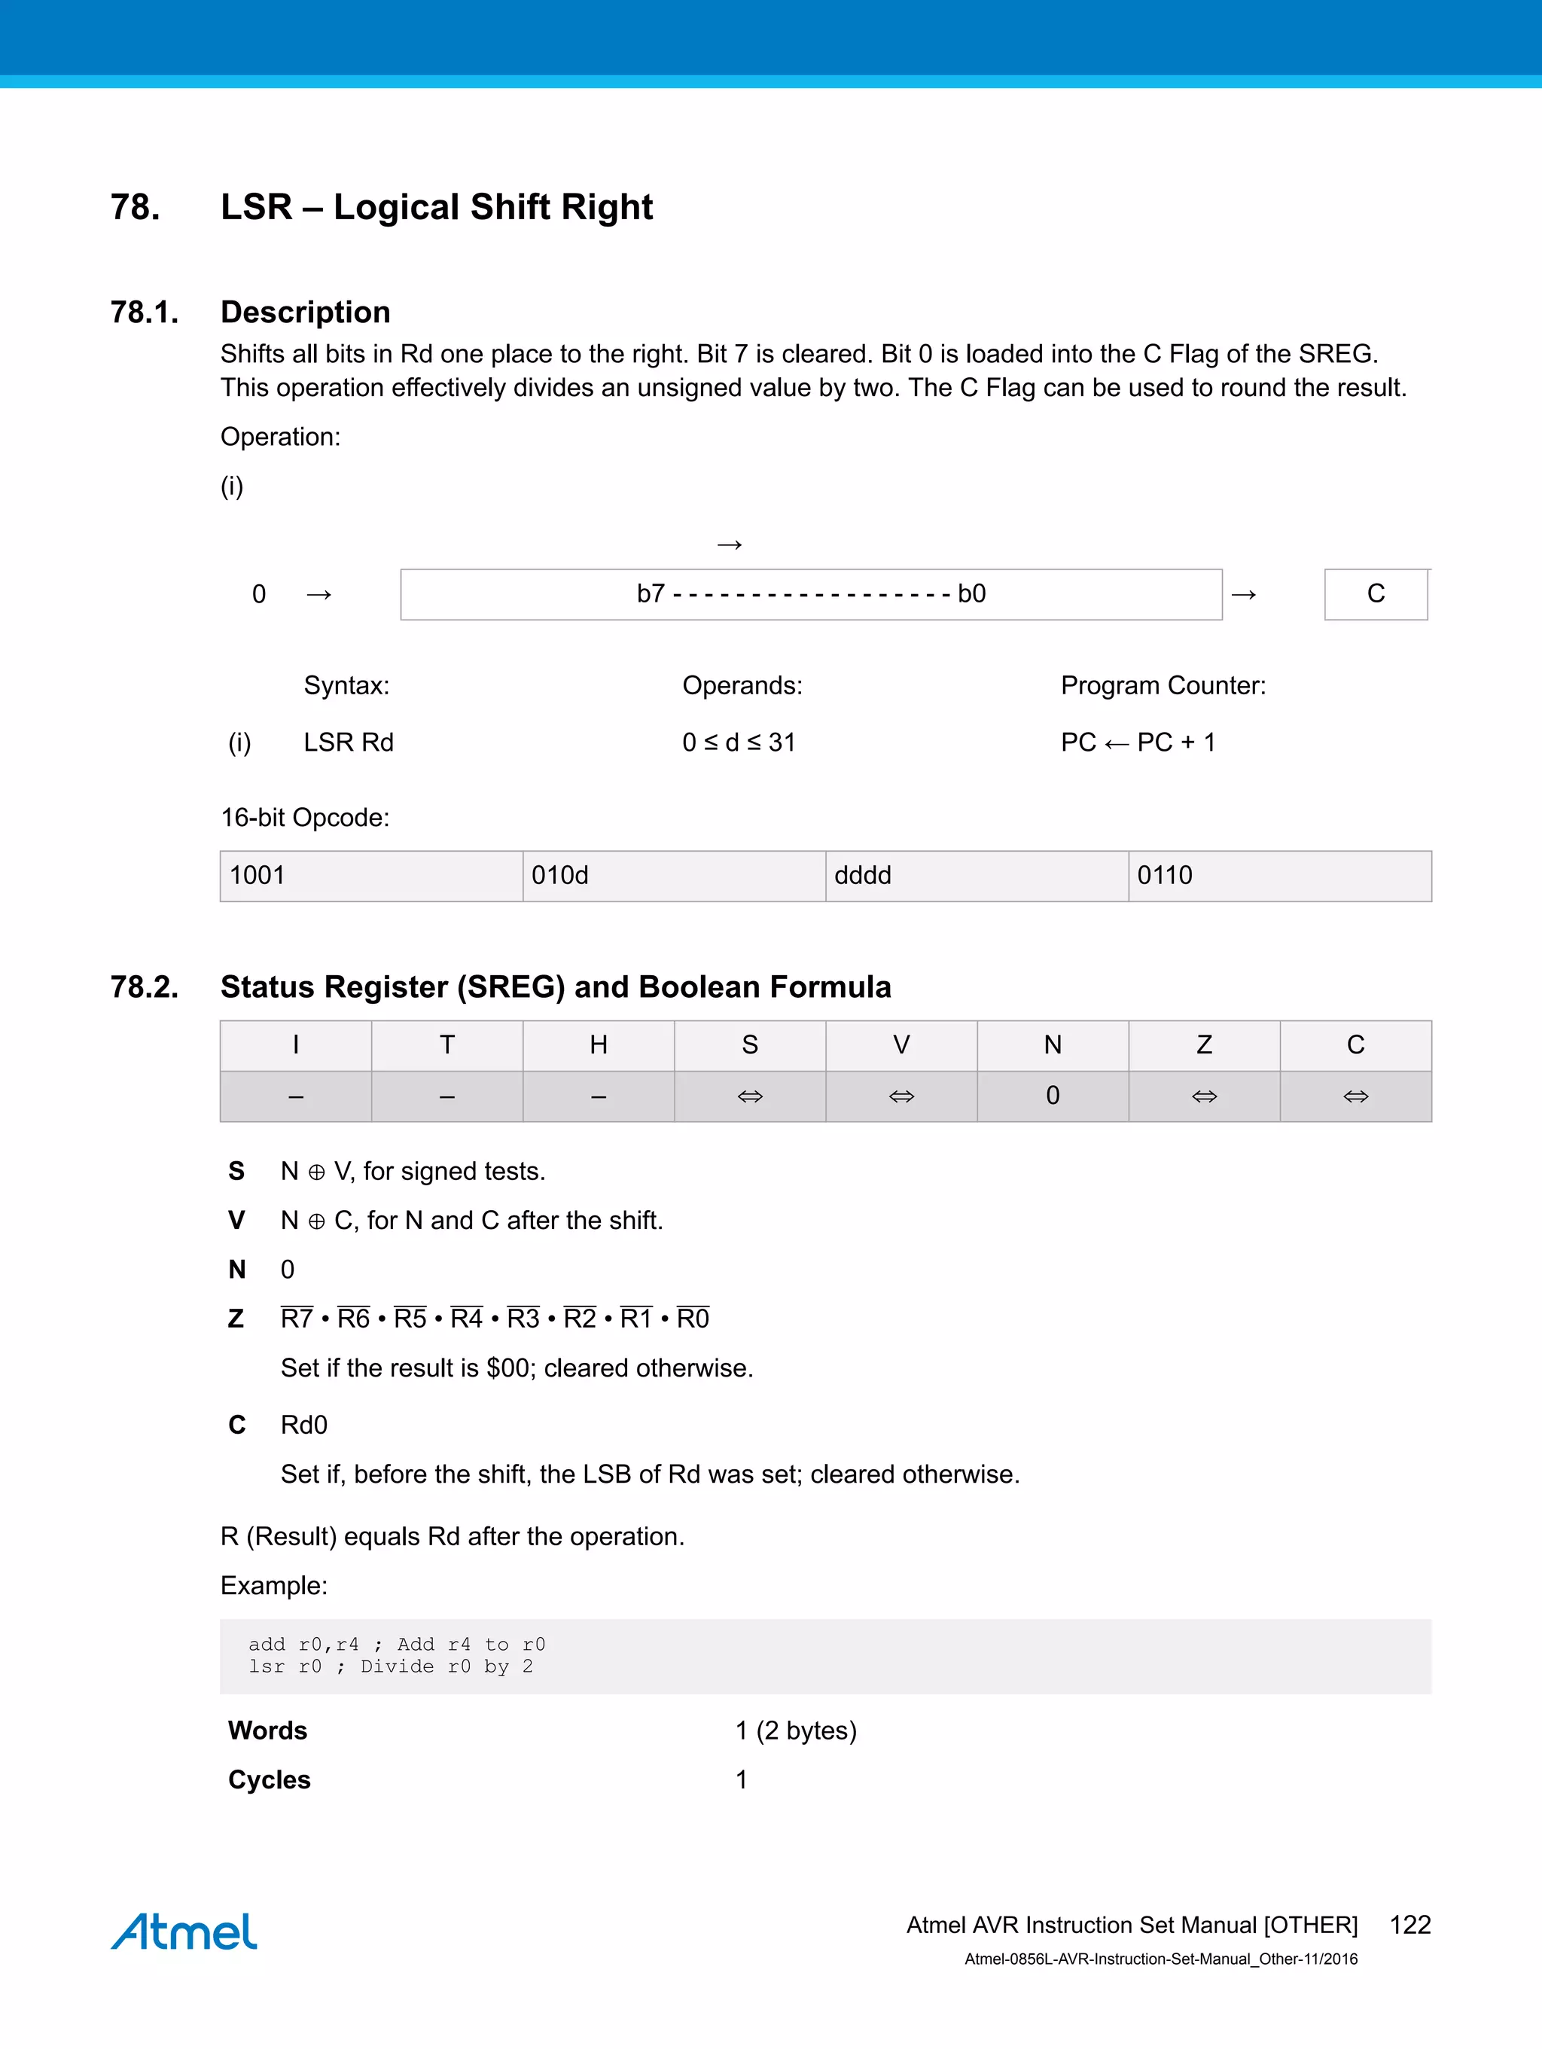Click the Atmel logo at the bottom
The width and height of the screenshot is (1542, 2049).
pyautogui.click(x=184, y=1931)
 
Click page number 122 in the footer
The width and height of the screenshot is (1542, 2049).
pyautogui.click(x=1409, y=1924)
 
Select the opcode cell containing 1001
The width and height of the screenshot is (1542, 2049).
pyautogui.click(x=370, y=875)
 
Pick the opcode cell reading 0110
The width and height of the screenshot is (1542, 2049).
pyautogui.click(x=1279, y=875)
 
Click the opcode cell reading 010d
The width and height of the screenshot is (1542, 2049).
pyautogui.click(x=673, y=875)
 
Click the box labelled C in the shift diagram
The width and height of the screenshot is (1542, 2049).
pyautogui.click(x=1376, y=593)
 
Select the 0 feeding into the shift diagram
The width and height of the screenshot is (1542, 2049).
pyautogui.click(x=259, y=593)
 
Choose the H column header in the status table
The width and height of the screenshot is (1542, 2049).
pyautogui.click(x=599, y=1045)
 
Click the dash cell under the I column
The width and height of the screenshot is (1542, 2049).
pyautogui.click(x=295, y=1096)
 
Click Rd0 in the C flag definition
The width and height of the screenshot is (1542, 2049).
pyautogui.click(x=303, y=1425)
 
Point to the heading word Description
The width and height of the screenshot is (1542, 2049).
pyautogui.click(x=305, y=313)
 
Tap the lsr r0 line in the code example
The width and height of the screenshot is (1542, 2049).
pyautogui.click(x=390, y=1666)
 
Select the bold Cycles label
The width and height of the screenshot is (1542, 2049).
pyautogui.click(x=270, y=1779)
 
